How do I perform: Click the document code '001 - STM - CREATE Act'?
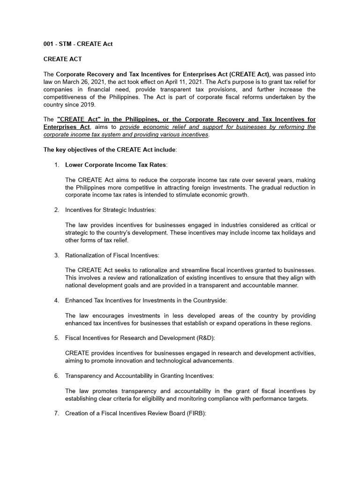coord(78,44)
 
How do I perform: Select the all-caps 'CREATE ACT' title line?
coord(62,59)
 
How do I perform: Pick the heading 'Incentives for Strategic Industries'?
coord(111,210)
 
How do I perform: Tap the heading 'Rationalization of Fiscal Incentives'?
coord(112,255)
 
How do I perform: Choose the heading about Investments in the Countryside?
coord(146,300)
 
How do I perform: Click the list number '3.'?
coord(56,255)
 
